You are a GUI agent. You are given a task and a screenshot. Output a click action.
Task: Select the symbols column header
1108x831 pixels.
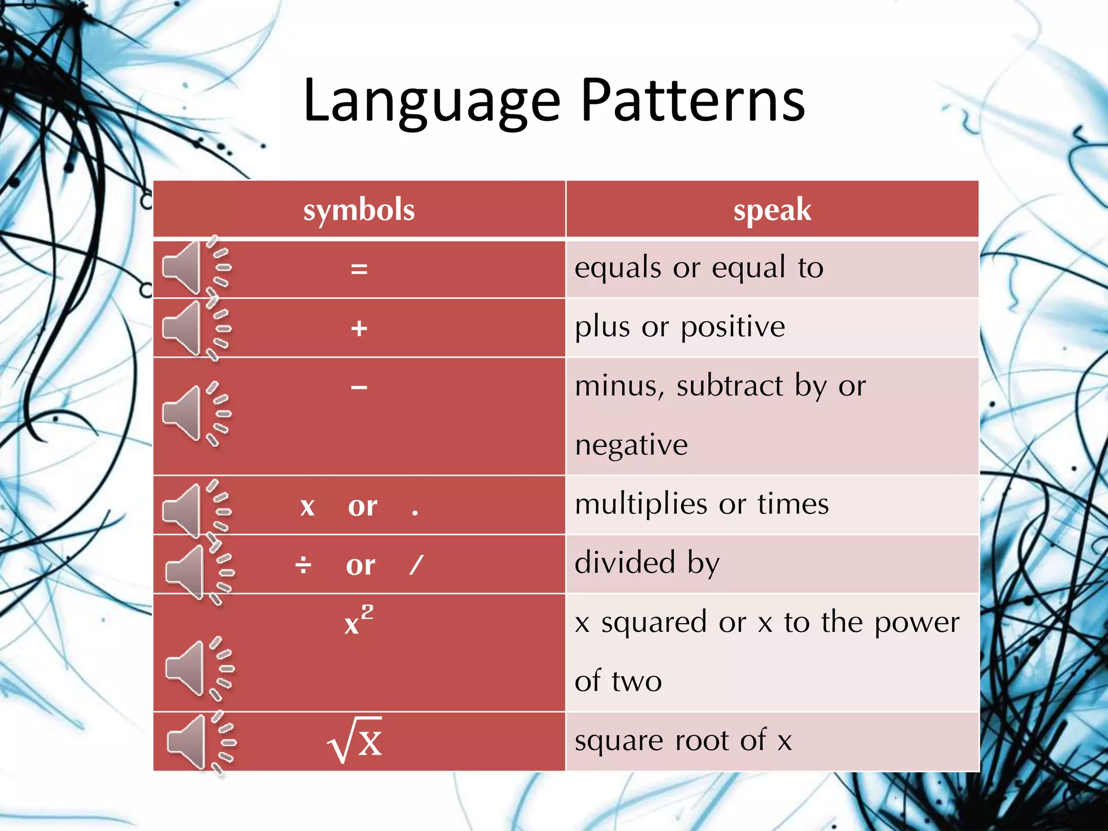click(x=359, y=210)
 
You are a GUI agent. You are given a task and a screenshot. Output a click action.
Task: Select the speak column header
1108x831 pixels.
click(x=772, y=210)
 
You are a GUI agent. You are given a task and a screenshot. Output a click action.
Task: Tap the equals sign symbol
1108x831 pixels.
click(x=359, y=269)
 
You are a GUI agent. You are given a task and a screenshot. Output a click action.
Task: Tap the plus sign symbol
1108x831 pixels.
click(x=359, y=328)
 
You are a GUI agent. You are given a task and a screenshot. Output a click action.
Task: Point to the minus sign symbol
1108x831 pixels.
click(x=359, y=387)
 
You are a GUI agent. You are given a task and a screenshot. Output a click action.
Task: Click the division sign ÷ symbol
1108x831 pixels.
click(x=303, y=565)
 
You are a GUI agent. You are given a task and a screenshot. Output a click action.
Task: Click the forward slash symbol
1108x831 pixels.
click(x=416, y=565)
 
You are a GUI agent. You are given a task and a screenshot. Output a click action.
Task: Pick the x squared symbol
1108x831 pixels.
click(x=358, y=621)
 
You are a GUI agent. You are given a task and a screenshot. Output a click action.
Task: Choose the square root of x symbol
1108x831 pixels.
click(x=355, y=740)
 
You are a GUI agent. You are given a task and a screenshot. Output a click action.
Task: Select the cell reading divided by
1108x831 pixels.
click(x=647, y=563)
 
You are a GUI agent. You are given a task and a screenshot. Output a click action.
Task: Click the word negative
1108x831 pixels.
click(x=631, y=445)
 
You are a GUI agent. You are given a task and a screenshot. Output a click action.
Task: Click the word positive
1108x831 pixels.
click(x=733, y=327)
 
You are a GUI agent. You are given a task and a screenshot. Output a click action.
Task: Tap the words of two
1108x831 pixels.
click(x=618, y=681)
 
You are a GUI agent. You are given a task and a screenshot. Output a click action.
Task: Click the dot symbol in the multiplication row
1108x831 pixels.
click(x=415, y=512)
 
